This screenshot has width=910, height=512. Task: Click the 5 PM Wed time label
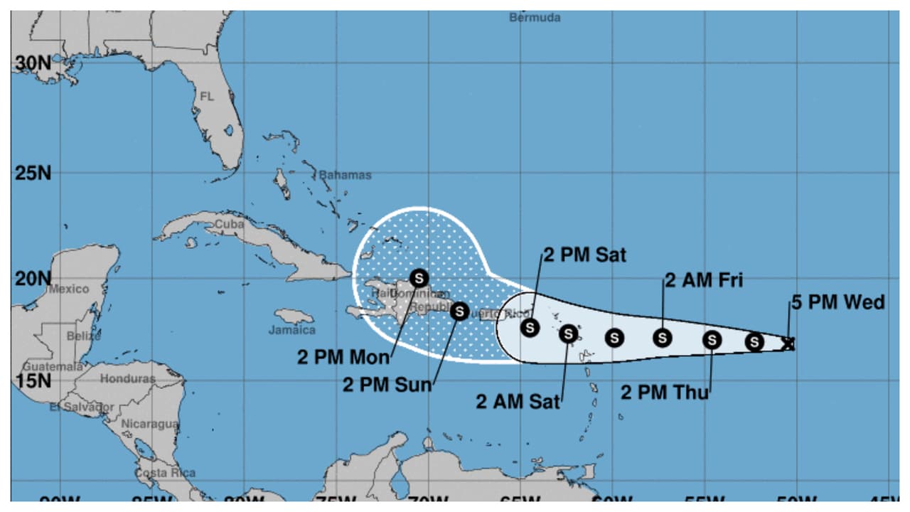tap(838, 302)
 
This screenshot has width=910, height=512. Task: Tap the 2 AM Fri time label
tap(704, 280)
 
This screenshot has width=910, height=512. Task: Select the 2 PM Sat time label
tap(585, 255)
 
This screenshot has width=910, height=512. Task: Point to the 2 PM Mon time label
tap(343, 356)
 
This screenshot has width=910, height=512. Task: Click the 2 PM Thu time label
tap(665, 392)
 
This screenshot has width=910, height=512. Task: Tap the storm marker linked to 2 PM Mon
tap(419, 278)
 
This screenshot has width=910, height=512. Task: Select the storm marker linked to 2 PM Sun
tap(459, 311)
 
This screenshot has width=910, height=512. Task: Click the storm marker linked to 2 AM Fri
tap(663, 338)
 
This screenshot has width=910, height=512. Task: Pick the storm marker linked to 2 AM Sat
tap(568, 333)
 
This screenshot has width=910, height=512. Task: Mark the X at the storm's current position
tap(788, 343)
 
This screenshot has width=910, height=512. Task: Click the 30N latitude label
tap(33, 63)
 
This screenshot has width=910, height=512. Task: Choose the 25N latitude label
tap(33, 173)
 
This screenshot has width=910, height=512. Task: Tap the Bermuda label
tap(535, 18)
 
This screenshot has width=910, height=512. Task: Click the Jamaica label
tap(291, 330)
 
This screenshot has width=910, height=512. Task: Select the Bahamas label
tap(345, 175)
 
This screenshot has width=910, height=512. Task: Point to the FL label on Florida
tap(207, 96)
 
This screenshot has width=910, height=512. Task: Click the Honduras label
tap(127, 379)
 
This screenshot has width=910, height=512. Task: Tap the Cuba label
tap(229, 224)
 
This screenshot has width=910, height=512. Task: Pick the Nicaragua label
tap(150, 424)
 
